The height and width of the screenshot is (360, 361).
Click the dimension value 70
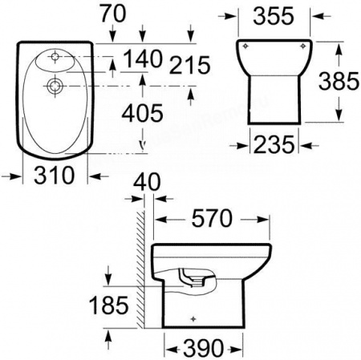point(113,14)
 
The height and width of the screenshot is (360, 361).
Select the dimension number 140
point(143,59)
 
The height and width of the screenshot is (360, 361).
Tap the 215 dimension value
point(189,65)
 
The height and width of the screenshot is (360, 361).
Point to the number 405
point(142,113)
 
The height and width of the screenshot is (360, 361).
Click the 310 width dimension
point(55,175)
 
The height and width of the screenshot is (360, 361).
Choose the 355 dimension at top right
point(274,16)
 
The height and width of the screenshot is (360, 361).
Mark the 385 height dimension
point(339,81)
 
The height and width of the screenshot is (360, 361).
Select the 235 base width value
point(274,144)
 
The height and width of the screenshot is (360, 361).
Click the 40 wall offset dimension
point(147,182)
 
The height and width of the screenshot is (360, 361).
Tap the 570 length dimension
point(212,218)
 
